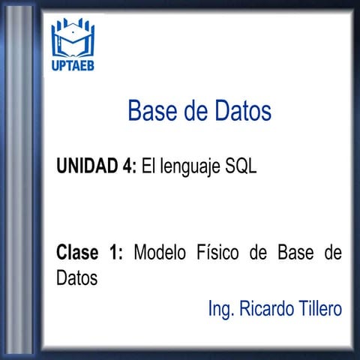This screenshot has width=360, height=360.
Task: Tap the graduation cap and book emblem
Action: [73, 38]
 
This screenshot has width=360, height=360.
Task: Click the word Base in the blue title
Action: [153, 112]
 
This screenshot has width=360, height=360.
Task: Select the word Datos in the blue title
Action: [241, 112]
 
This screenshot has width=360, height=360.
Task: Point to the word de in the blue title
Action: [194, 112]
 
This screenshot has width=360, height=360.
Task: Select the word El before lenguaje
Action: [148, 166]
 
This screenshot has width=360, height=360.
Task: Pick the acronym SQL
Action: [241, 166]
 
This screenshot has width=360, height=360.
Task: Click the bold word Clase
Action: [78, 252]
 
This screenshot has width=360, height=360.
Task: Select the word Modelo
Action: [159, 252]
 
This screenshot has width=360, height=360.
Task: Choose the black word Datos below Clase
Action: [76, 277]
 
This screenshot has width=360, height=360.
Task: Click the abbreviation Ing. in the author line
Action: [220, 308]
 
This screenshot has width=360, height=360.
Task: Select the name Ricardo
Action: [264, 308]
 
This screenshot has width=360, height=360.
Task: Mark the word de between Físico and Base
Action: [258, 252]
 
